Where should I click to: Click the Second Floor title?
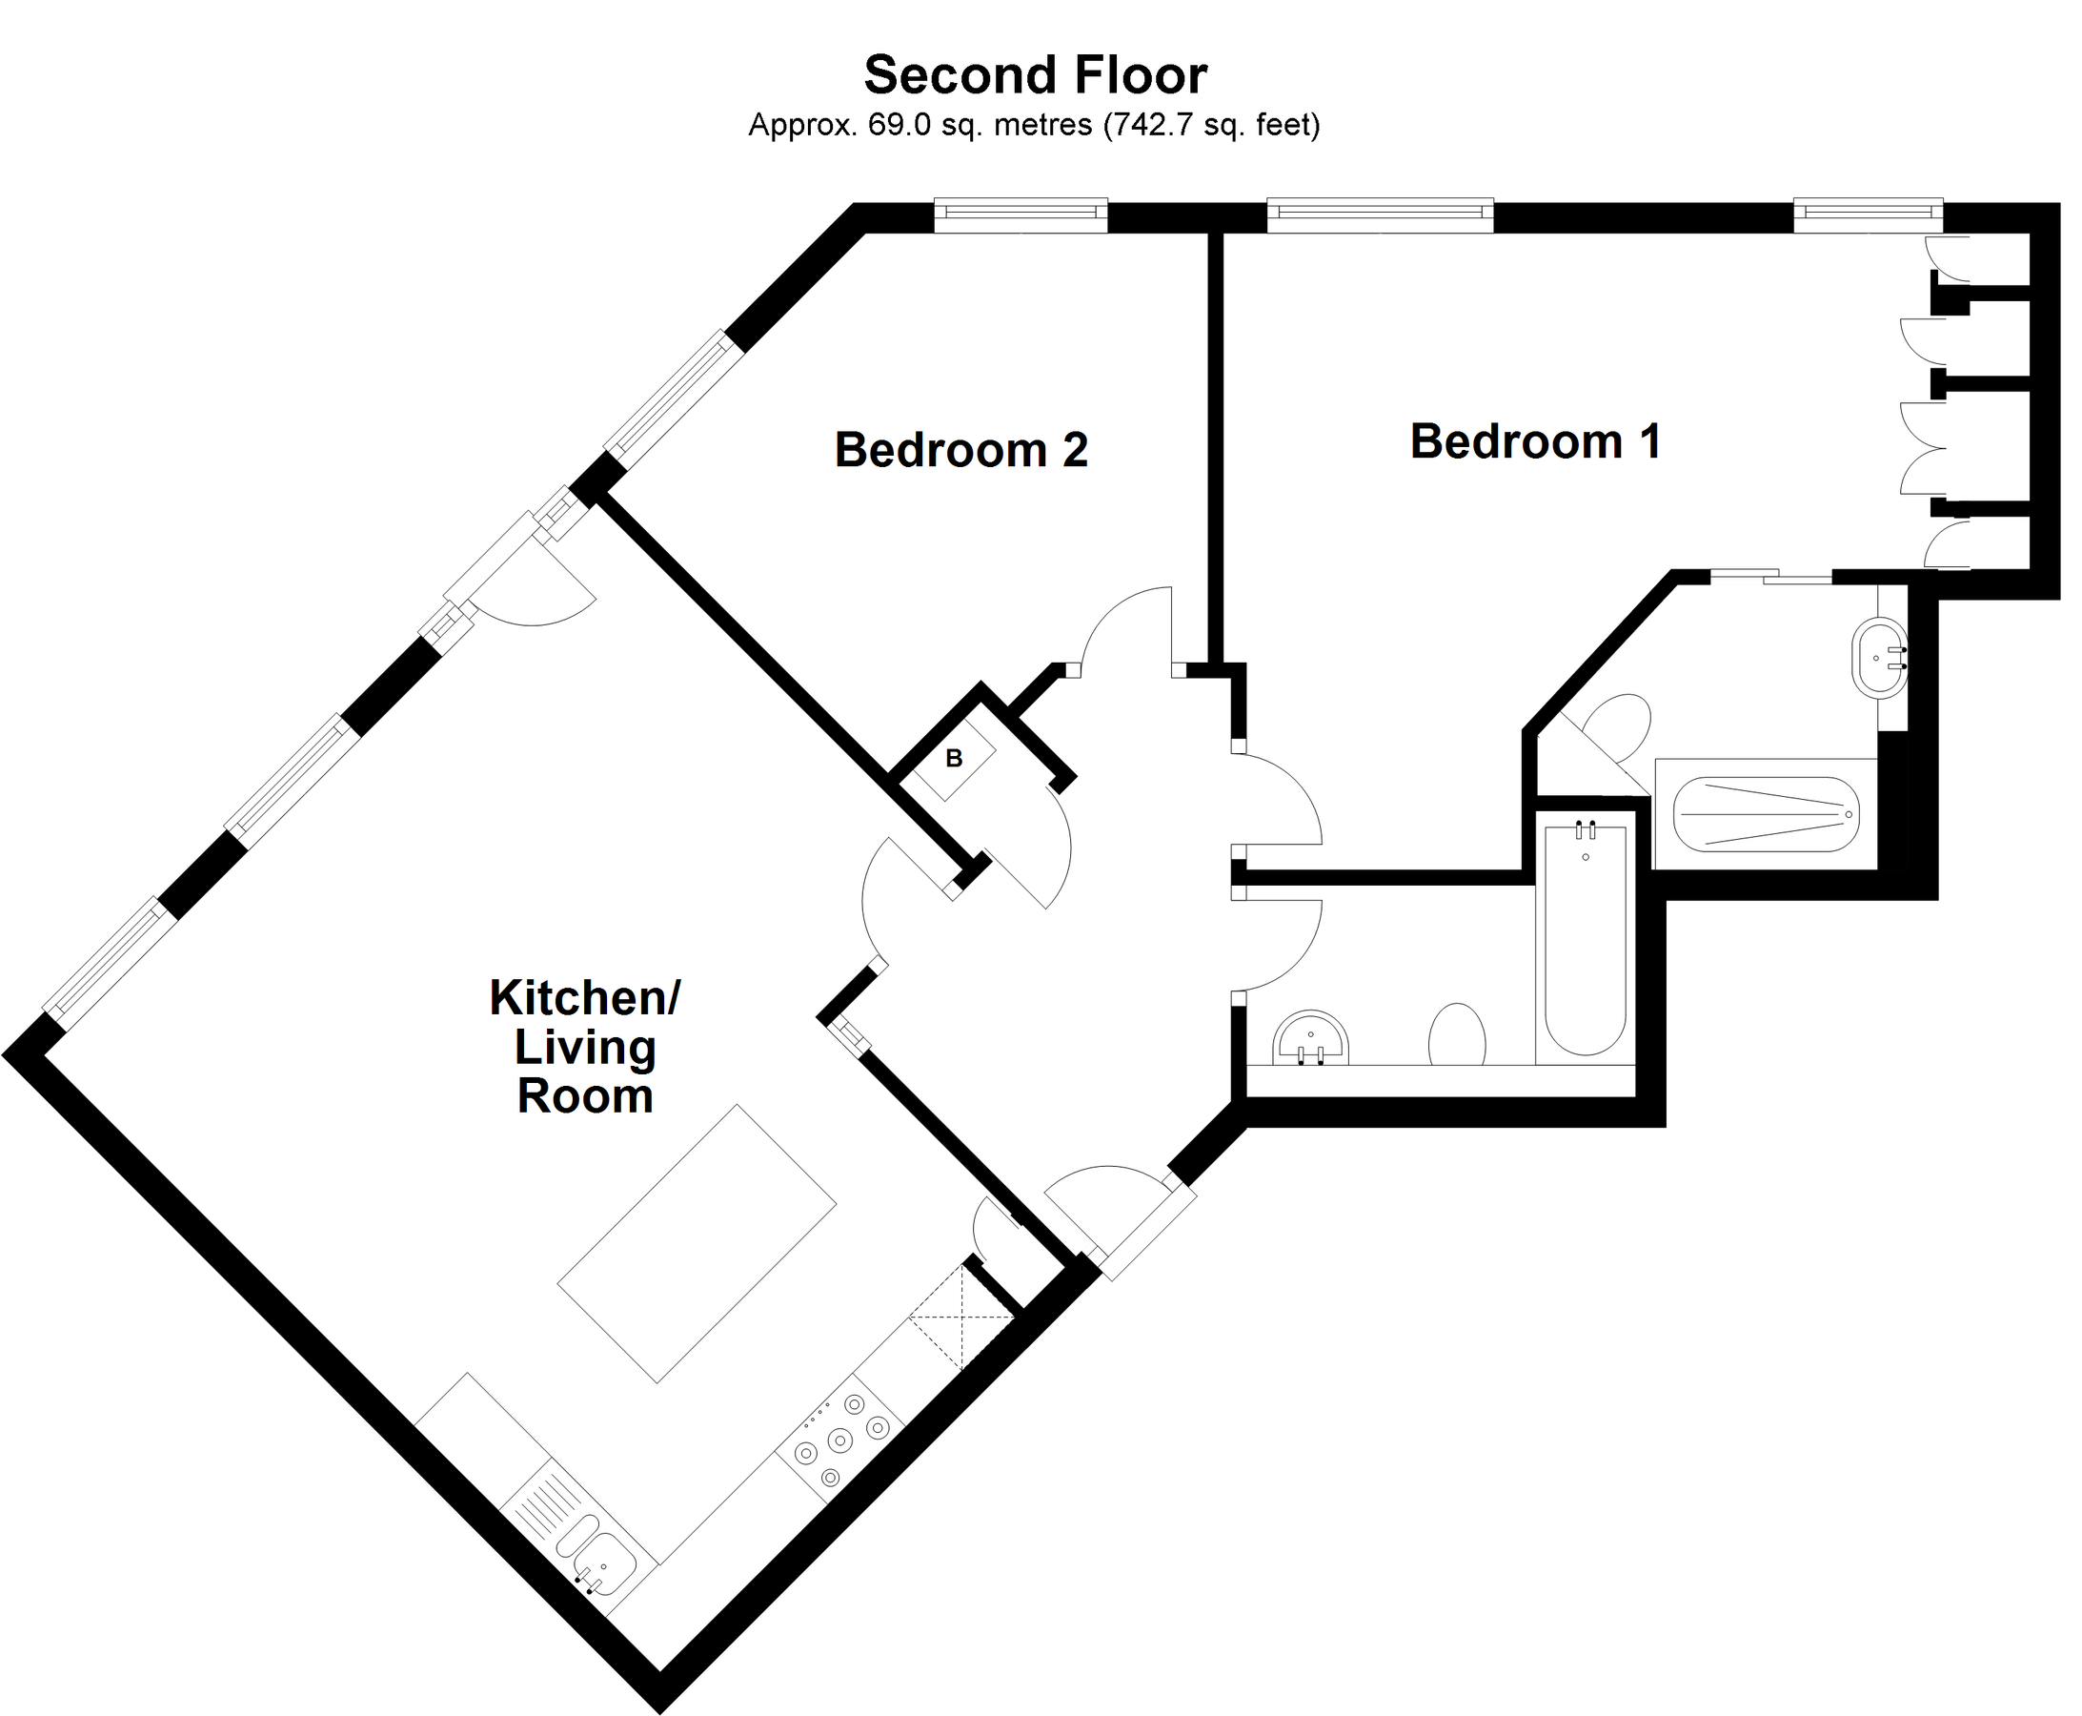(1035, 76)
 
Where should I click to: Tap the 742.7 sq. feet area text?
(1211, 126)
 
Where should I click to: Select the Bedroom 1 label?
(1534, 441)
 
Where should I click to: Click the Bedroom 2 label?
(960, 451)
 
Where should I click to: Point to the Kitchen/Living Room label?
(585, 1047)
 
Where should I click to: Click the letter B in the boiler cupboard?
(954, 759)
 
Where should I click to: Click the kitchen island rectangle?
(697, 1243)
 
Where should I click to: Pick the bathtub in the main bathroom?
(1585, 939)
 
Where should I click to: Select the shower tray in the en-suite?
(1765, 814)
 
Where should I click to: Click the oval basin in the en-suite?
(1878, 659)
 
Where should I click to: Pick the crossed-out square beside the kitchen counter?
(960, 1318)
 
